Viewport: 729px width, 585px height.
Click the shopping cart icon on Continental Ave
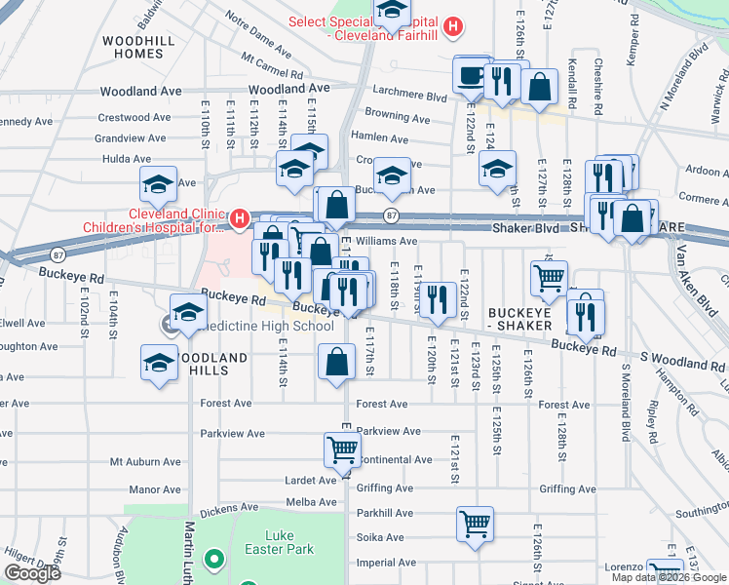[342, 449]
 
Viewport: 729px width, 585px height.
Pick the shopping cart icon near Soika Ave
[475, 524]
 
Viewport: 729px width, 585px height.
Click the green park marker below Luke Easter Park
[213, 561]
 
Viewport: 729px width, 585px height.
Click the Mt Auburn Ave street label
[145, 462]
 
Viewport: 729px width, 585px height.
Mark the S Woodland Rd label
[683, 365]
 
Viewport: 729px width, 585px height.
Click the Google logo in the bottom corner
[32, 573]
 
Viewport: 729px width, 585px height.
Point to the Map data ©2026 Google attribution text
[669, 577]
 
